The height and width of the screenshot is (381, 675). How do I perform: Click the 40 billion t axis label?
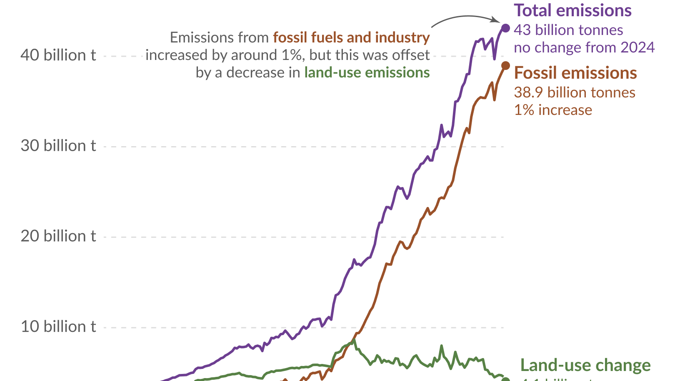[x=58, y=55]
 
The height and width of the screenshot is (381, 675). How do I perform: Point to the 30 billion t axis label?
[x=58, y=146]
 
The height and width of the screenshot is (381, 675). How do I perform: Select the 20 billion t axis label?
[x=58, y=236]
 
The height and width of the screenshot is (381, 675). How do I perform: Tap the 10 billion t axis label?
[x=58, y=326]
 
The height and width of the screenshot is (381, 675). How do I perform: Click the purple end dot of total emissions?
[x=505, y=28]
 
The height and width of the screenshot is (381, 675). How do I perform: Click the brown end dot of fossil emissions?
[x=505, y=65]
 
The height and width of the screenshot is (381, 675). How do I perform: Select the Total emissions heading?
[x=572, y=11]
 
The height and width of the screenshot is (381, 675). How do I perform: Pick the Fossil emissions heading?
[x=575, y=73]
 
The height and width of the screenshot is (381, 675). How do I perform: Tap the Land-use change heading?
[x=585, y=366]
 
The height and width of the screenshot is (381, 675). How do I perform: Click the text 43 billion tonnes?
[x=568, y=30]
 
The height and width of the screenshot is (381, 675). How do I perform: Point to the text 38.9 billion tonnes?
[x=574, y=92]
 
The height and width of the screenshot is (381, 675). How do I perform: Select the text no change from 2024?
[x=584, y=47]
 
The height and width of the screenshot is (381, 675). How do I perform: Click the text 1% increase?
[x=552, y=110]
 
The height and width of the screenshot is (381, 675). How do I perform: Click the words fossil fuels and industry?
[x=351, y=37]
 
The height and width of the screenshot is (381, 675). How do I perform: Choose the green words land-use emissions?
[x=367, y=72]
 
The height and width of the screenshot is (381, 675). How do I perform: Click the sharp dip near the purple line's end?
[x=495, y=59]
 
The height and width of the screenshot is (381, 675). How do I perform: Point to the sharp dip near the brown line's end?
[x=495, y=100]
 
